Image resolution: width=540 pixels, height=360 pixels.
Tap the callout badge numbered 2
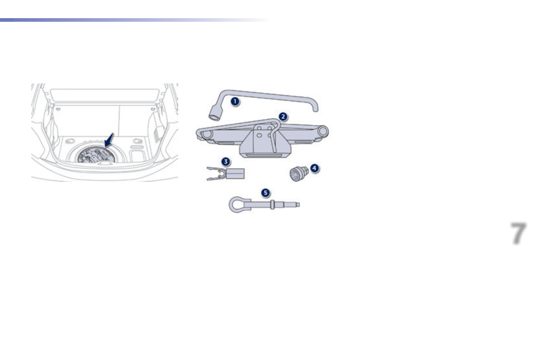[x=283, y=117]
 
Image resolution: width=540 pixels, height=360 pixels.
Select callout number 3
[x=225, y=161]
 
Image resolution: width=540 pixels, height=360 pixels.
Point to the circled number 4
[x=314, y=168]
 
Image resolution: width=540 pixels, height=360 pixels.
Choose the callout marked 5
[x=265, y=193]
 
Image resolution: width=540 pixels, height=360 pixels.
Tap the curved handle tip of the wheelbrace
[x=315, y=108]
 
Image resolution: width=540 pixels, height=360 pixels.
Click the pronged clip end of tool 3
[x=215, y=173]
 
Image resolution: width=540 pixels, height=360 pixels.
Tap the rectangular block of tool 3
[x=235, y=173]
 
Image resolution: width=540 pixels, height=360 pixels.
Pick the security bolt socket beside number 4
[x=297, y=173]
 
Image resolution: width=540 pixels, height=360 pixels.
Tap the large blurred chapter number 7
[x=519, y=234]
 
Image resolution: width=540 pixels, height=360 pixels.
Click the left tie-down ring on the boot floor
[x=69, y=141]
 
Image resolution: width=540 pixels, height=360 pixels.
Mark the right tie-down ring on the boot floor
[x=137, y=141]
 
